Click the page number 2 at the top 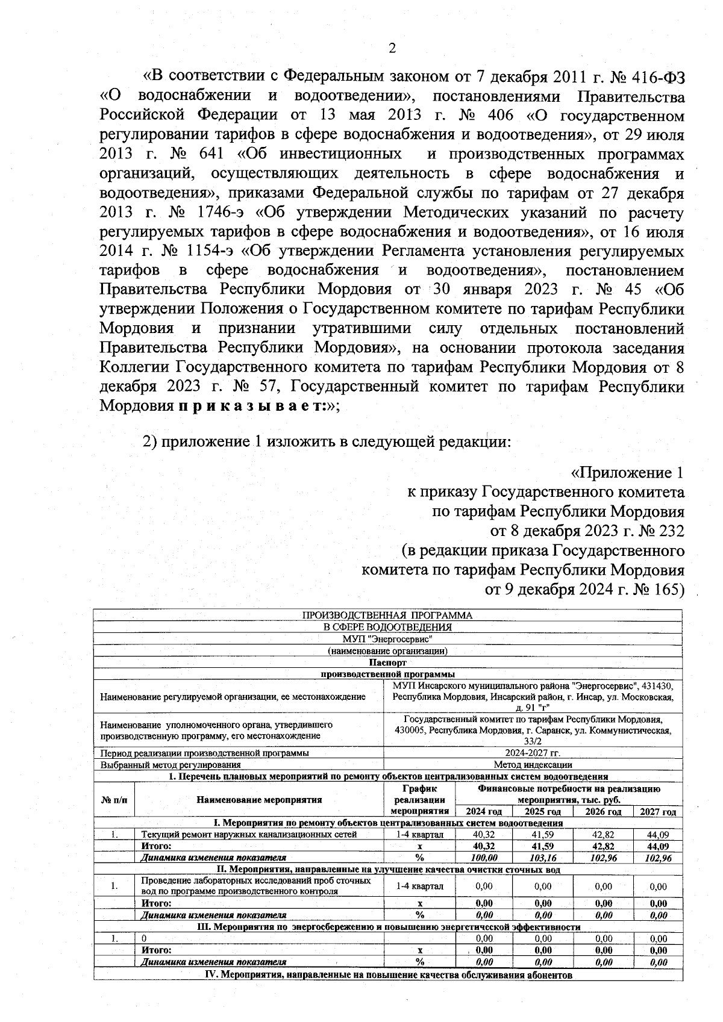(392, 49)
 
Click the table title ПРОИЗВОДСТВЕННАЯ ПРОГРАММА (387, 615)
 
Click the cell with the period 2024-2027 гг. (532, 753)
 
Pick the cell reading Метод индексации (533, 765)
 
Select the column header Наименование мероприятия (259, 800)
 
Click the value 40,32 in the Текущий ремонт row (484, 835)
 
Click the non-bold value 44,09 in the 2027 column (658, 835)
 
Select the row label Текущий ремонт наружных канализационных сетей (249, 835)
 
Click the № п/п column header (114, 800)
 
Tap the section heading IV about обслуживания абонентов (387, 975)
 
